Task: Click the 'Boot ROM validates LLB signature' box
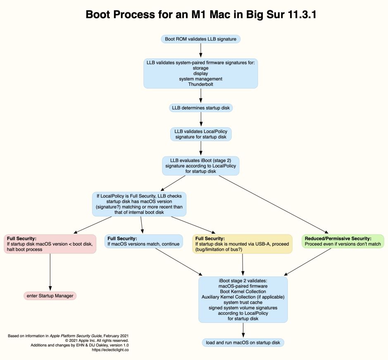[x=200, y=39]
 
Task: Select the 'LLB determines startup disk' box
[x=201, y=108]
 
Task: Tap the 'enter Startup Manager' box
[x=50, y=296]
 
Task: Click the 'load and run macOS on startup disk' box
[x=243, y=343]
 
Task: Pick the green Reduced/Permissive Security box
[x=343, y=241]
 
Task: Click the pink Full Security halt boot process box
[x=50, y=244]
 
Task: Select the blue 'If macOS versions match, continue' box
[x=143, y=241]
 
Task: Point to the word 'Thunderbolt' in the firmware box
[x=200, y=84]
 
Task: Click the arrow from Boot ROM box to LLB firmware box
[x=200, y=50]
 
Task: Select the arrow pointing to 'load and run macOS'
[x=243, y=330]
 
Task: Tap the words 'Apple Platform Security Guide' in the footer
[x=76, y=336]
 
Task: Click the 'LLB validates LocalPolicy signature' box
[x=201, y=134]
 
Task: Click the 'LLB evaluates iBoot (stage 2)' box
[x=201, y=165]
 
